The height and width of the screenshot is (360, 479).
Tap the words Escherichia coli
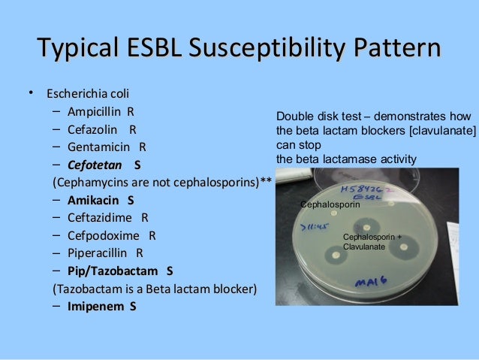[x=88, y=94]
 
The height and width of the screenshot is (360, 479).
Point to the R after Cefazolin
[x=133, y=129]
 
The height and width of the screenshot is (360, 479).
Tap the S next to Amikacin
[x=131, y=201]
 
